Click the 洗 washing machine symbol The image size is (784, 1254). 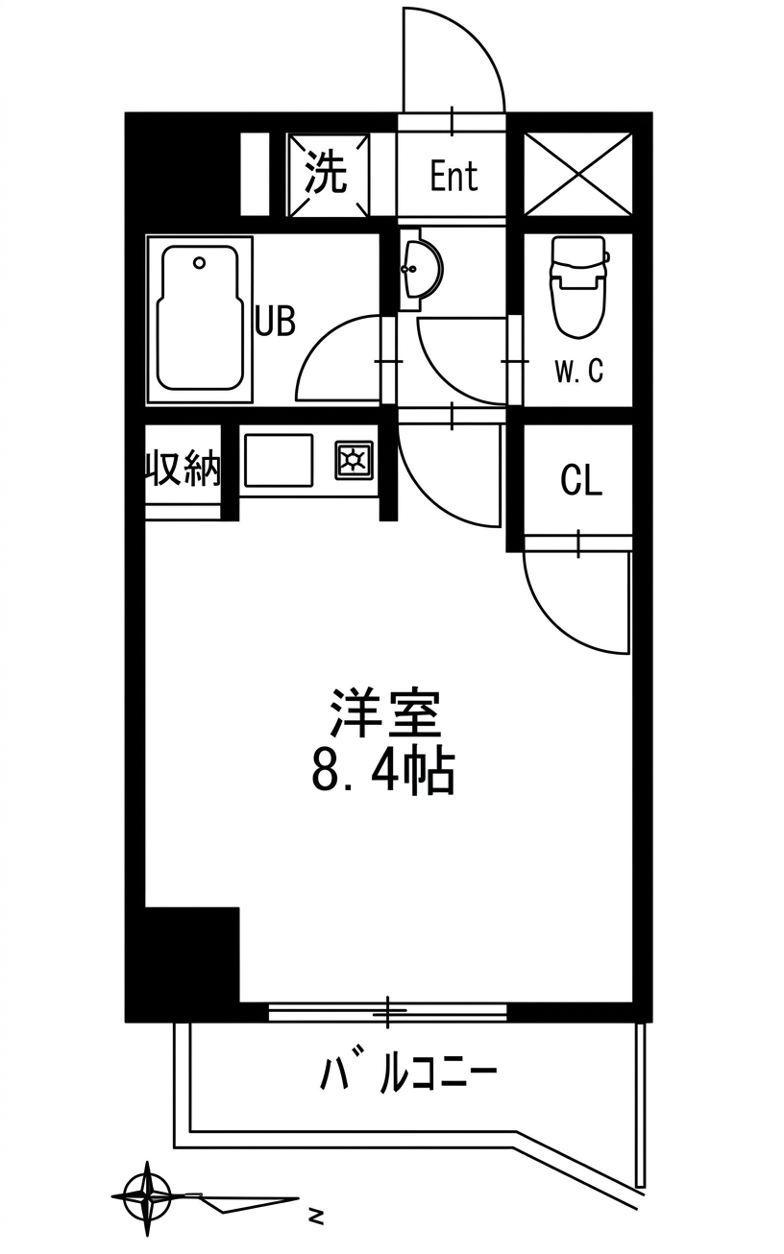329,174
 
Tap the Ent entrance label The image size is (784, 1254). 454,177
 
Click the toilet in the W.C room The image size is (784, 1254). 579,287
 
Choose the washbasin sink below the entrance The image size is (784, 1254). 420,269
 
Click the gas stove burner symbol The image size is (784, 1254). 354,460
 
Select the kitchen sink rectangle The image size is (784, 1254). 279,460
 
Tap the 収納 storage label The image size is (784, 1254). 183,467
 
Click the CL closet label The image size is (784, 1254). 581,481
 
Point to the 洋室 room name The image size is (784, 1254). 385,713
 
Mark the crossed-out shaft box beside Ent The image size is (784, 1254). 578,174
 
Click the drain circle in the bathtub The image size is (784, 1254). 199,262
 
